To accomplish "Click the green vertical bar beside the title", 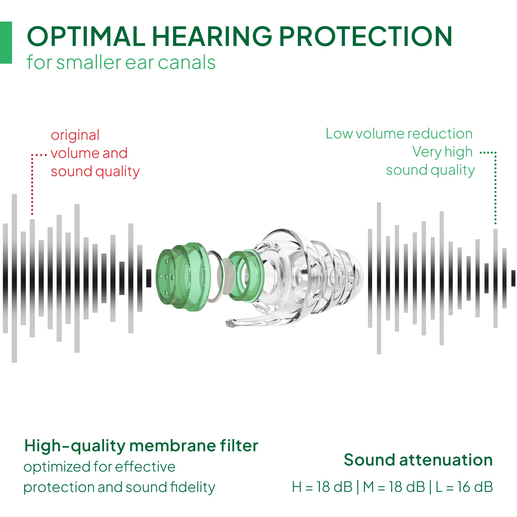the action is click(x=6, y=43).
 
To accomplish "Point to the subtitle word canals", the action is click(x=187, y=63).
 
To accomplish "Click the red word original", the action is click(x=75, y=135).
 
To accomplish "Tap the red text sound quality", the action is click(x=95, y=172).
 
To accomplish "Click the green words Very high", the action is click(x=442, y=152).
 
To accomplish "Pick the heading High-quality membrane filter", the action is click(x=141, y=446).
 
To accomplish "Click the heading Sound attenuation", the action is click(x=418, y=460).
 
